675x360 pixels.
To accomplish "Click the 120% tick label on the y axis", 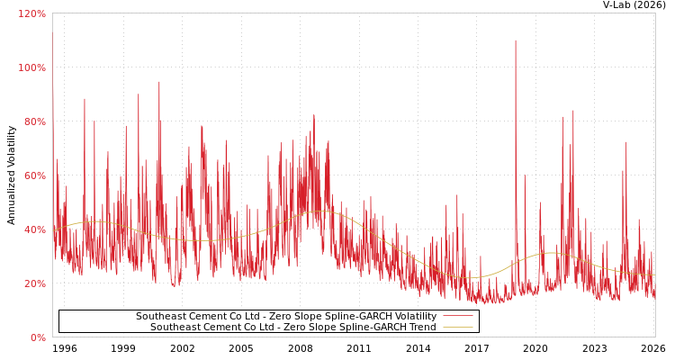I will click(31, 13).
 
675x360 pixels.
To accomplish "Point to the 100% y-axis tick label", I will click(31, 67).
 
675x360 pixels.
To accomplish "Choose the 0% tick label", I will click(38, 337).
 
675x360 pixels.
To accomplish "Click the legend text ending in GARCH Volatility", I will click(286, 317).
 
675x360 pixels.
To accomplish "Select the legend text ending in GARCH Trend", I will click(293, 328).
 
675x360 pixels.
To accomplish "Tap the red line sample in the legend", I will click(457, 317).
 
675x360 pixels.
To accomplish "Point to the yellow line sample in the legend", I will click(457, 328).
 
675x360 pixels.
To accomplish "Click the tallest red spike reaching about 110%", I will click(516, 41).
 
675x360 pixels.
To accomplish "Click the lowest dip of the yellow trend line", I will click(472, 277).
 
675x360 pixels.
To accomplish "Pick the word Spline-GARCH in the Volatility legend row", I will click(355, 317).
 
